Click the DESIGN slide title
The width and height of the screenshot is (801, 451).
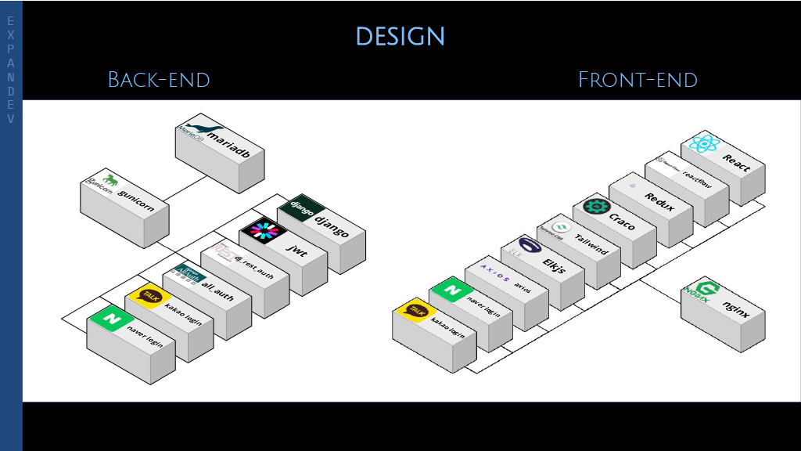pyautogui.click(x=400, y=36)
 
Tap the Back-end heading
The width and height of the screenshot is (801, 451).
pyautogui.click(x=159, y=79)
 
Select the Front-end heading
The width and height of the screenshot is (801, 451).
pyautogui.click(x=638, y=79)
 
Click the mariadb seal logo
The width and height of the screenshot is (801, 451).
pyautogui.click(x=194, y=132)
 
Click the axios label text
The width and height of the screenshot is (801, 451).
pyautogui.click(x=522, y=289)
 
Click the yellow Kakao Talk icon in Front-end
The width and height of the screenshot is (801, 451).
pyautogui.click(x=415, y=311)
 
